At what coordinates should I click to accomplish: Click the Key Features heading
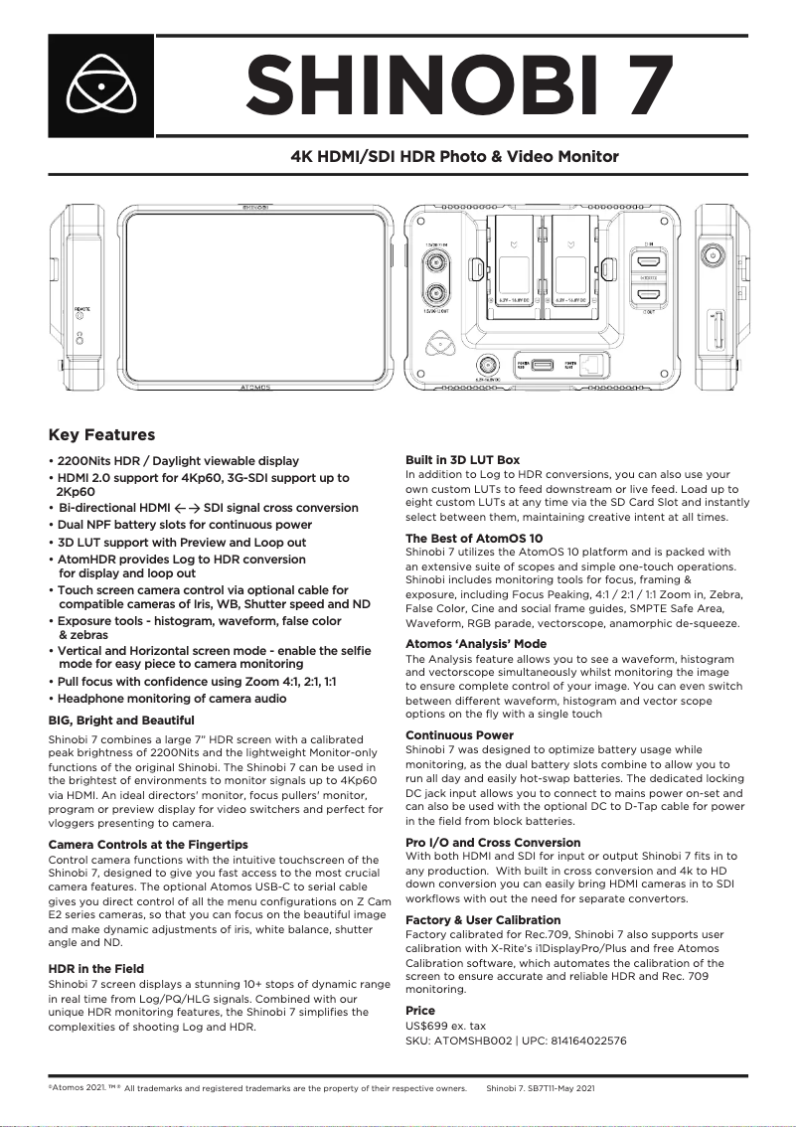[102, 434]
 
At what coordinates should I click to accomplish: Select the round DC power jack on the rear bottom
[486, 363]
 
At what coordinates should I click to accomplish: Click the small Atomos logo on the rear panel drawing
[434, 345]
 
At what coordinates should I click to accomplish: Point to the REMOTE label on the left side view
[82, 309]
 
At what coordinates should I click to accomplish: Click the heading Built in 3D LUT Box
[462, 460]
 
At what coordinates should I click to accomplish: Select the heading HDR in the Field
[96, 968]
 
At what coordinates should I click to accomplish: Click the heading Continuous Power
[459, 735]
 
